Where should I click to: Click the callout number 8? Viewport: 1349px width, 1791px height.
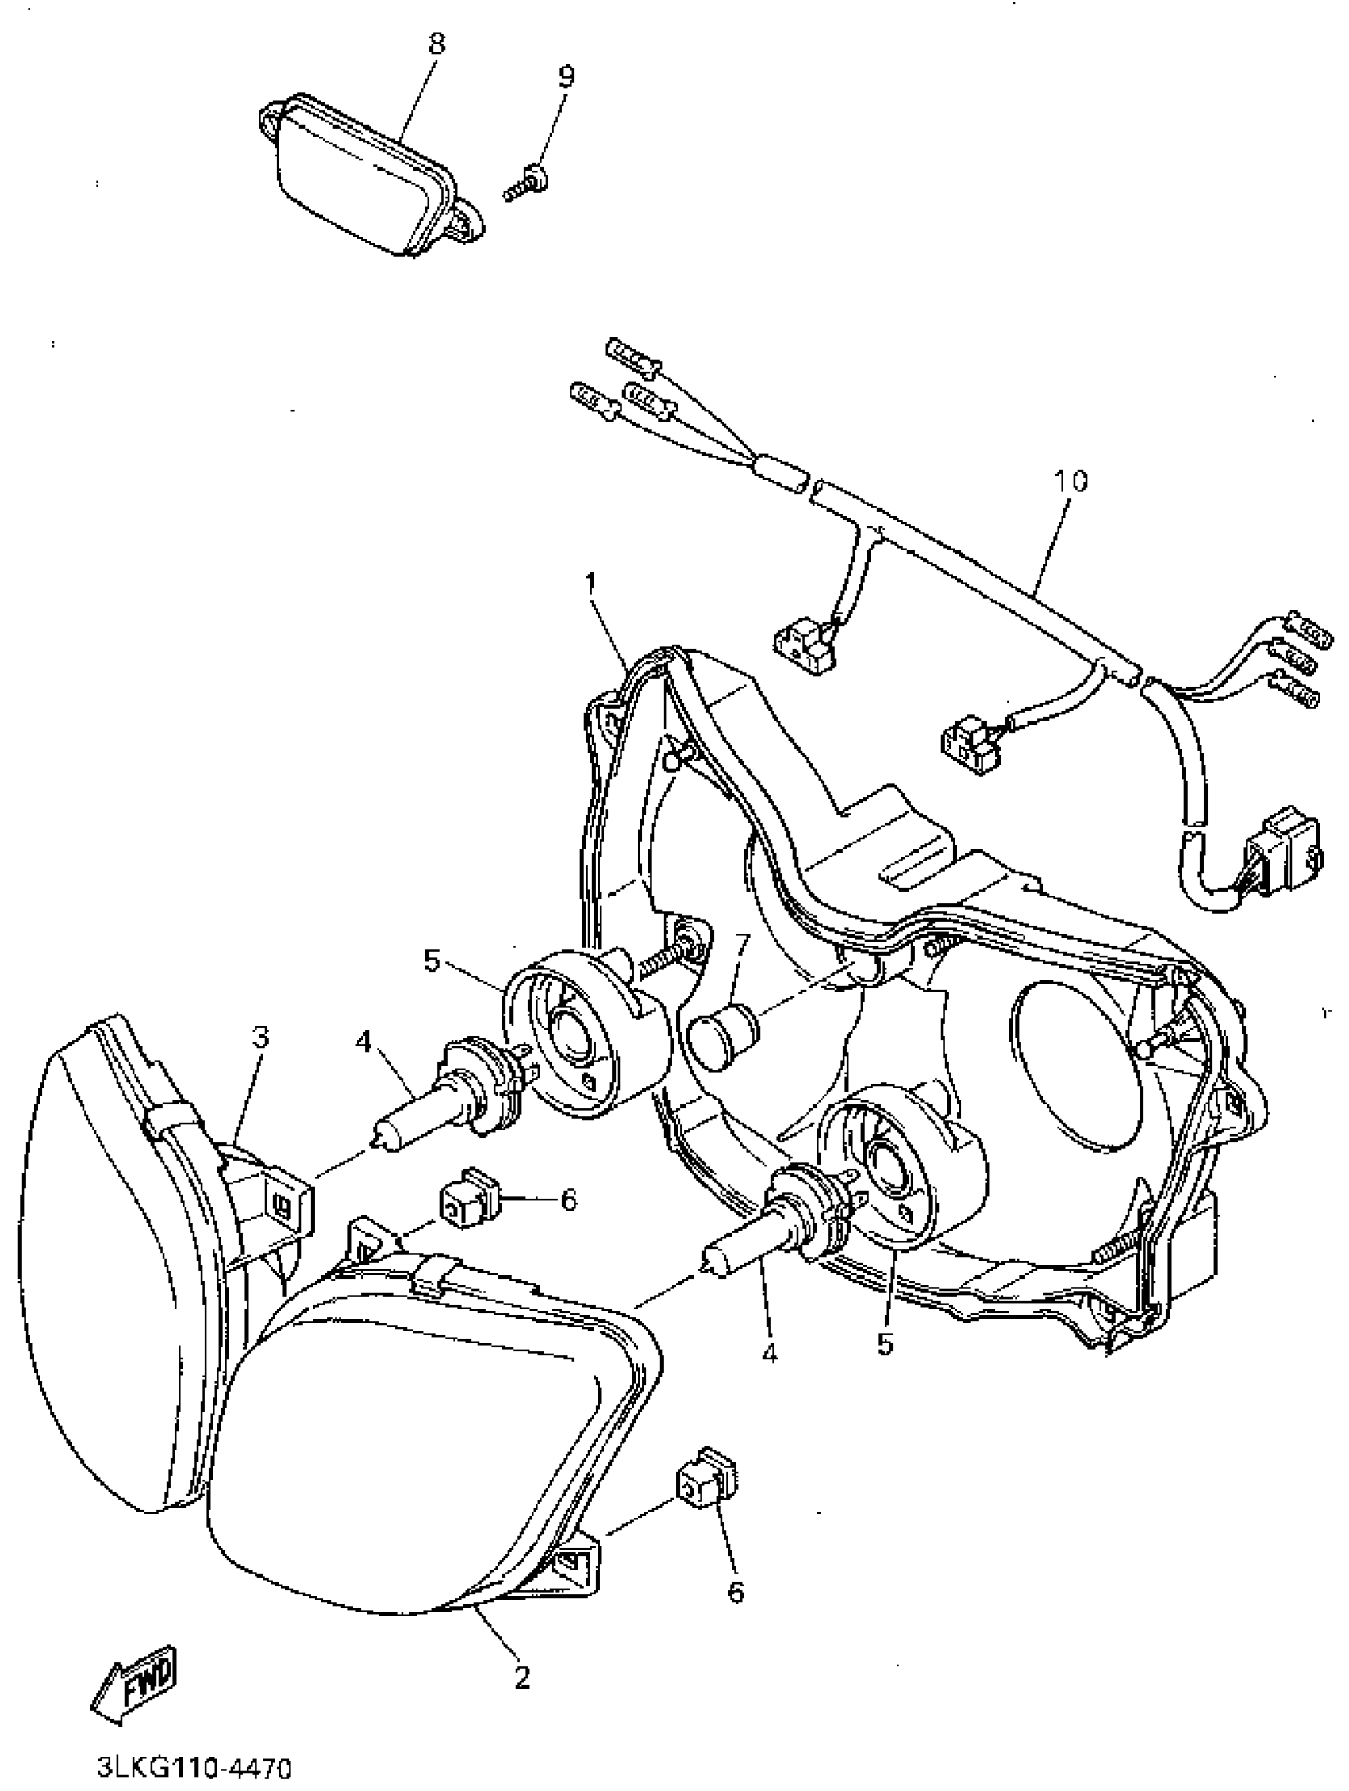(436, 43)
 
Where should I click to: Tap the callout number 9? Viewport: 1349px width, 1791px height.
(566, 76)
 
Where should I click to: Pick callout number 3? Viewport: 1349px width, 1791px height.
(259, 1036)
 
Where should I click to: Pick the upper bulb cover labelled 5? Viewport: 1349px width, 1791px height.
(586, 1038)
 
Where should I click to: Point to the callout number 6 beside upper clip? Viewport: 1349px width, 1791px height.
(568, 1200)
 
